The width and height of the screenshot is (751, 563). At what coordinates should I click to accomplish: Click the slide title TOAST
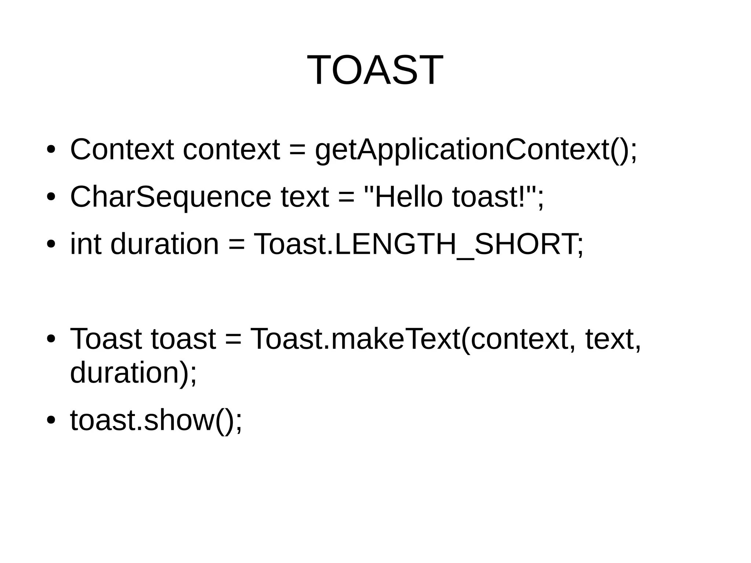(x=375, y=70)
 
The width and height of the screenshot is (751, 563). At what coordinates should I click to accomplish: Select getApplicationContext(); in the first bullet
(x=476, y=150)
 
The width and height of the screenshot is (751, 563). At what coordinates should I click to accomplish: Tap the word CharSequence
(x=171, y=197)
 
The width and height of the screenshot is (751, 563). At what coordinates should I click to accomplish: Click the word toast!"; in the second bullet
(x=498, y=197)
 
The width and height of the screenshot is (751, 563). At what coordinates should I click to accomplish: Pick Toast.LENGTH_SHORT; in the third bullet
(x=418, y=245)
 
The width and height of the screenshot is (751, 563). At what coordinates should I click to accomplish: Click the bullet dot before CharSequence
(x=51, y=197)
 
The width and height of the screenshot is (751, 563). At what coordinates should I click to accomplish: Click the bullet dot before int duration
(x=51, y=244)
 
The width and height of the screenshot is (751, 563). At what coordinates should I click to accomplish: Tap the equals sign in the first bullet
(x=297, y=150)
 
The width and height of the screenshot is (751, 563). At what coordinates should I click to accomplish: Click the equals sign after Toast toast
(x=233, y=339)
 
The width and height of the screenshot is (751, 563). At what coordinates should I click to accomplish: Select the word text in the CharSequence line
(x=304, y=197)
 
